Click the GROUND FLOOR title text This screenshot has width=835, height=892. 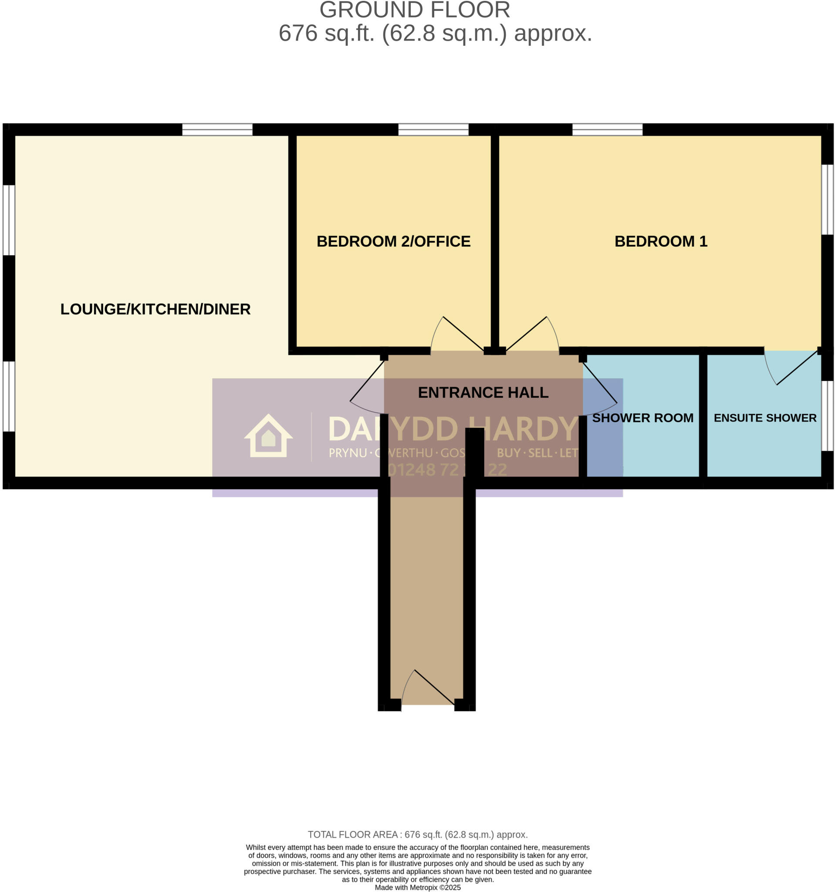pos(415,10)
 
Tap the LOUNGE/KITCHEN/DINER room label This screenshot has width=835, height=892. pos(155,309)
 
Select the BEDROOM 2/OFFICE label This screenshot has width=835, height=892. pos(393,241)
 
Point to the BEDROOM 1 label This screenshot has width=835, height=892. pos(660,241)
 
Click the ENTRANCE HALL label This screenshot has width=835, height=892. pos(483,392)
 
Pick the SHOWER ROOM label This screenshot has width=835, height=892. pos(642,418)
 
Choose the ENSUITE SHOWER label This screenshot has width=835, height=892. pos(764,418)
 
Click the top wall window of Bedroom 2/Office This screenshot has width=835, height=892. pos(433,130)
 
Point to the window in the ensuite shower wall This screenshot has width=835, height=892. pos(827,416)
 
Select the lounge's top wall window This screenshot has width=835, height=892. pos(217,130)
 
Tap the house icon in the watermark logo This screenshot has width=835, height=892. pos(268,436)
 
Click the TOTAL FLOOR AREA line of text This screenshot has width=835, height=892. pos(417,835)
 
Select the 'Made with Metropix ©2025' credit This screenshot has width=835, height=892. pos(417,888)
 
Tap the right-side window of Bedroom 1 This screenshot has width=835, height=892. pos(827,199)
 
